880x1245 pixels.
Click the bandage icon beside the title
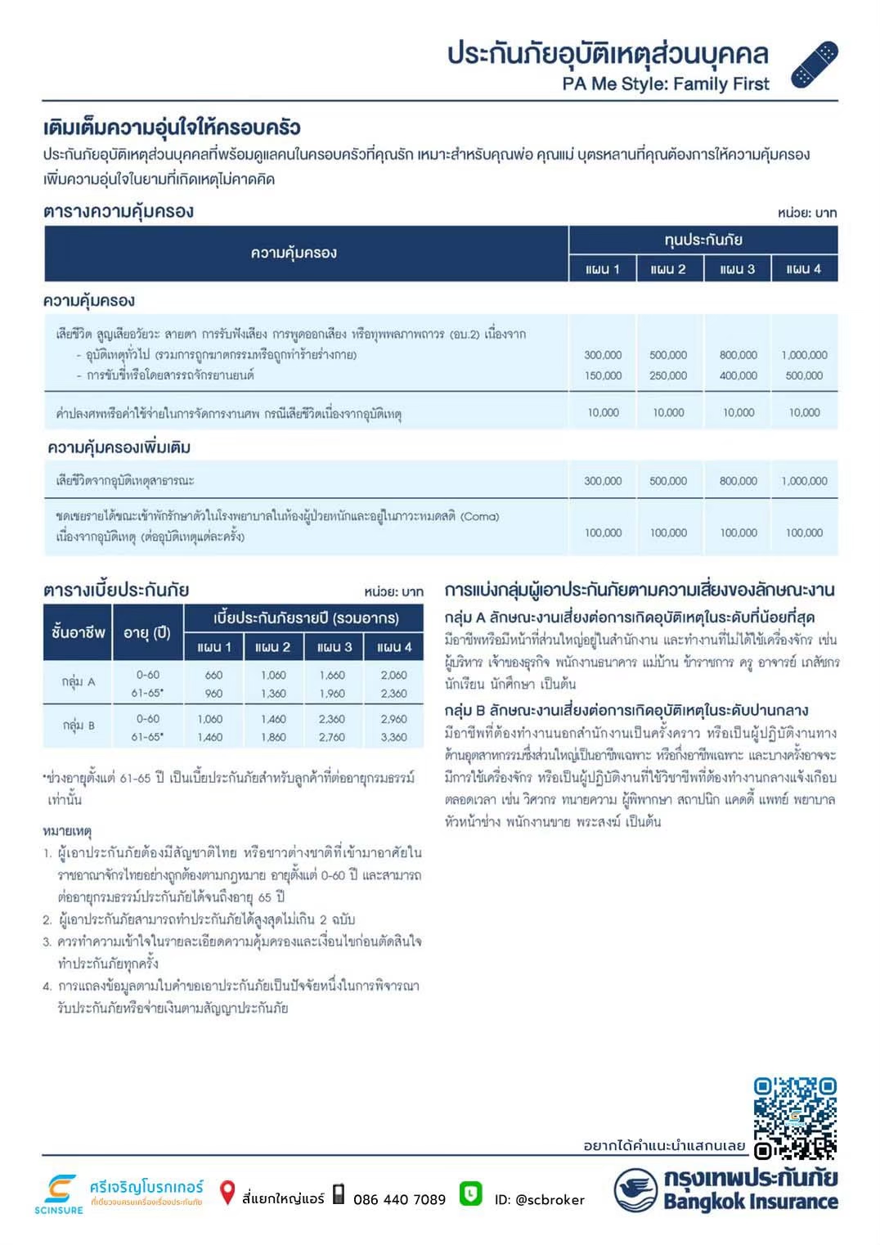point(815,65)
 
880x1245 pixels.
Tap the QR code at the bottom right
point(795,1118)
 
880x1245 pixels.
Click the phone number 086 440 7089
point(399,1200)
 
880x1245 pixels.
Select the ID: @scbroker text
point(539,1200)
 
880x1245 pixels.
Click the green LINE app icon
point(470,1194)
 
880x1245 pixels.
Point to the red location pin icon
point(227,1193)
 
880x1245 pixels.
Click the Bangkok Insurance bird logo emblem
point(635,1190)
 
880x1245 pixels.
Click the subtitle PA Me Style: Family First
point(666,83)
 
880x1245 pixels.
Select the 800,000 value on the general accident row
point(738,355)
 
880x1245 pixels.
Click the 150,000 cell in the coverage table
point(603,375)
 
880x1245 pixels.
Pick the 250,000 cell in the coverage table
point(668,375)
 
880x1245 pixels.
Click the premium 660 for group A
point(213,676)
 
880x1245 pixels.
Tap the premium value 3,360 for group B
point(393,737)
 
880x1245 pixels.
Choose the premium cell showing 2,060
point(393,676)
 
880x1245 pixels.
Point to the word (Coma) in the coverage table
point(479,517)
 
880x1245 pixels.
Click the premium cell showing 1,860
point(273,737)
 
